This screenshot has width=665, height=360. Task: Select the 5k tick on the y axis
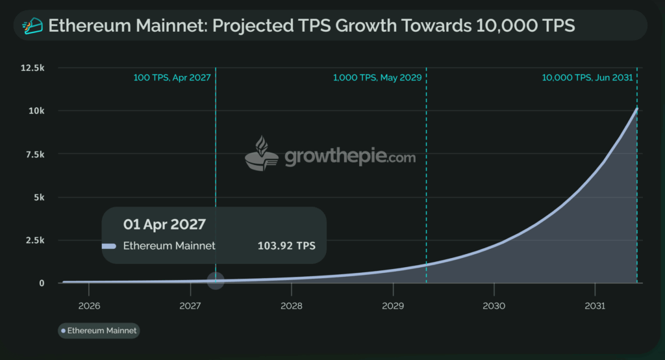click(x=40, y=197)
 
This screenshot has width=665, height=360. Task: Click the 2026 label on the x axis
click(x=88, y=305)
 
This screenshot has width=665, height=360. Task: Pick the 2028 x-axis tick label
click(x=291, y=305)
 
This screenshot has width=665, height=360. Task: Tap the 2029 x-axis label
click(x=392, y=305)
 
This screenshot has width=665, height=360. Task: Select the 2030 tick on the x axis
click(x=494, y=305)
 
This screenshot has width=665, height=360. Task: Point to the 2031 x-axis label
click(x=595, y=305)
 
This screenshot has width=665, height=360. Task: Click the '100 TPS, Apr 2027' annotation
click(x=171, y=77)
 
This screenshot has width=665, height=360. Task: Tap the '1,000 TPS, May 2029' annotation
click(x=377, y=77)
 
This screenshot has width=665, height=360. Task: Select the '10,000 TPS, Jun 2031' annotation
click(x=588, y=77)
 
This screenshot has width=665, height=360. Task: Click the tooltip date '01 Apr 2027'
click(x=165, y=224)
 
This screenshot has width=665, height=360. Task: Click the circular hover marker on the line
click(x=216, y=281)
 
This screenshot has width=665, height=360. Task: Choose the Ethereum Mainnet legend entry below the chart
click(x=99, y=330)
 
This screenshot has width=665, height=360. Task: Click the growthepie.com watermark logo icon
click(x=261, y=155)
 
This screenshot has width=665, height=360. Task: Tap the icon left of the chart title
click(x=32, y=26)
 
